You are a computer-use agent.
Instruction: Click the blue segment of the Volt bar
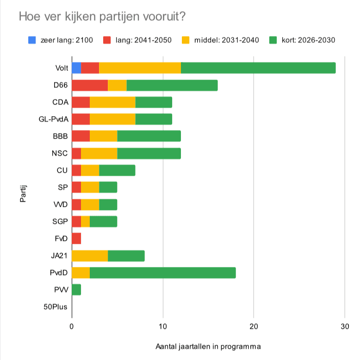point(76,68)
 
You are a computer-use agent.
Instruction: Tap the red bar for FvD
point(76,238)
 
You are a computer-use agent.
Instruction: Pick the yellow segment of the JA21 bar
point(90,255)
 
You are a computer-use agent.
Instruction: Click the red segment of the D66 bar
point(90,85)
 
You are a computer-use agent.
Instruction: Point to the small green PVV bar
point(76,290)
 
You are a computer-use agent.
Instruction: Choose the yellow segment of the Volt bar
point(140,68)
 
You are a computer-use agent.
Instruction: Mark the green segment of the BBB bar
point(149,136)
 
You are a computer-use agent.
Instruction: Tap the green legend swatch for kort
point(273,40)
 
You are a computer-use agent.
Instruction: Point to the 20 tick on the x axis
point(253,326)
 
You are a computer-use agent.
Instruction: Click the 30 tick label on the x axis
point(344,326)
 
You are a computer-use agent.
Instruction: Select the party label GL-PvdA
point(54,119)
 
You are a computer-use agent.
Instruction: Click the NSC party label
point(60,153)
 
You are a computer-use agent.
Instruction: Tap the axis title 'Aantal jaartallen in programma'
point(208,346)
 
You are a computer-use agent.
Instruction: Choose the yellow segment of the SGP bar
point(85,221)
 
